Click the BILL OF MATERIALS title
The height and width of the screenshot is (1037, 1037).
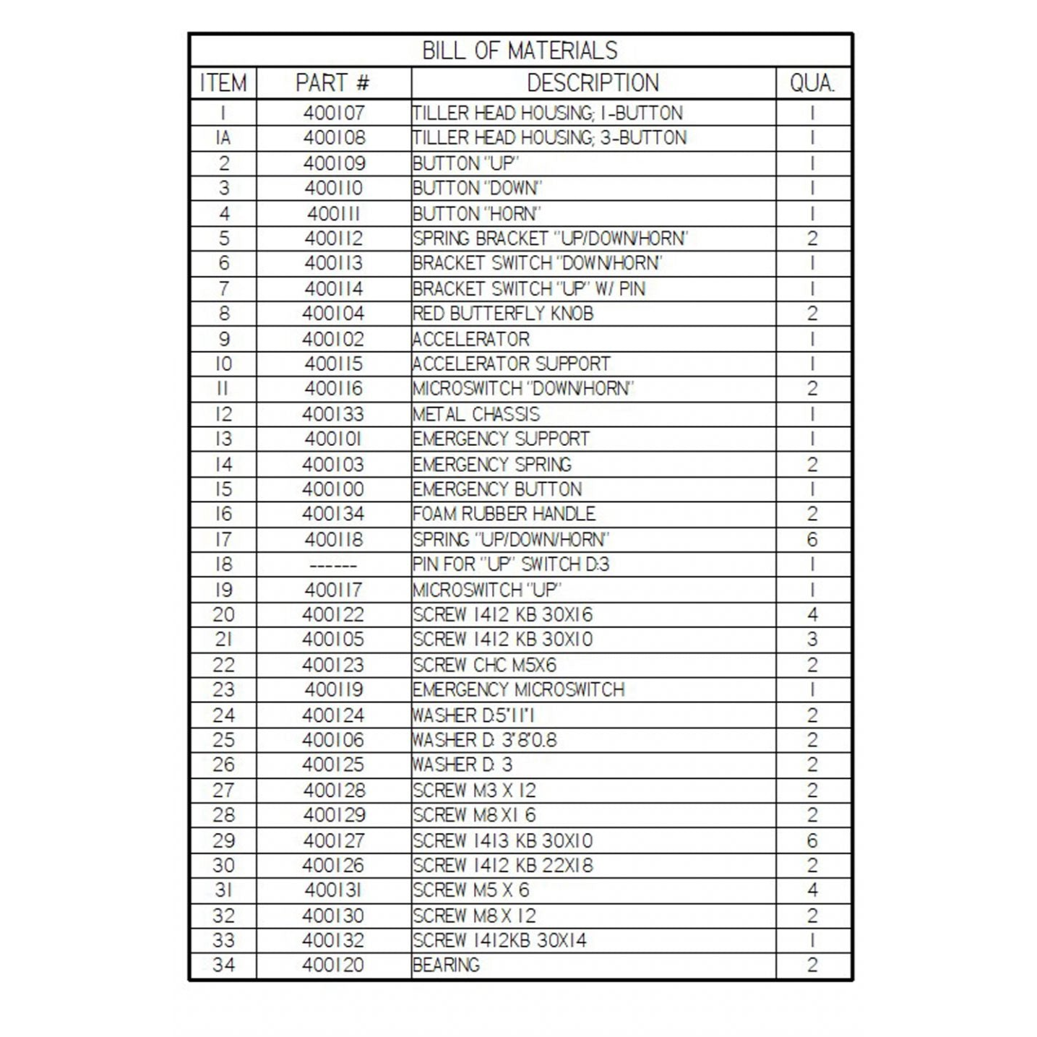[520, 51]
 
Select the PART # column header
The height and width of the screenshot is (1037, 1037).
[332, 83]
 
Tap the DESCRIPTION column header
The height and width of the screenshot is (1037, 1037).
[593, 83]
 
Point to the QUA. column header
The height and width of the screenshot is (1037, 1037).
[812, 83]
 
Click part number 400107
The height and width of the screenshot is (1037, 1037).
[334, 113]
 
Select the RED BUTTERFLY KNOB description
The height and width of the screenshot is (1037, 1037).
[503, 314]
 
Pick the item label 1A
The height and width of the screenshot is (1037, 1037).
[223, 138]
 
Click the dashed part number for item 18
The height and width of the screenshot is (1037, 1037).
[333, 565]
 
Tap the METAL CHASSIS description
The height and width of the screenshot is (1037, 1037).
[476, 414]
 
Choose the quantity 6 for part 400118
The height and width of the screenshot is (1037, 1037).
[812, 540]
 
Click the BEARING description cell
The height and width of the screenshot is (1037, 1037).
[446, 965]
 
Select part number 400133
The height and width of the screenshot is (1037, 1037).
[334, 414]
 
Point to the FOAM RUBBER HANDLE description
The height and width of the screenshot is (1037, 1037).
[504, 515]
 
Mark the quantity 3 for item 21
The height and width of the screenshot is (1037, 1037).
[812, 640]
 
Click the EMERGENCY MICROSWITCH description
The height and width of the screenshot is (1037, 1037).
[518, 690]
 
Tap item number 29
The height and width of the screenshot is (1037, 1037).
[223, 841]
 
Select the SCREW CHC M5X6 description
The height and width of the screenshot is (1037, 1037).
[484, 665]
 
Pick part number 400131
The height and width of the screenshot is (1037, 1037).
[334, 890]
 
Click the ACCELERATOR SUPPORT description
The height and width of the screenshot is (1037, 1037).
[511, 363]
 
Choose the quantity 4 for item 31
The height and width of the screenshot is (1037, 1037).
[812, 890]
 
